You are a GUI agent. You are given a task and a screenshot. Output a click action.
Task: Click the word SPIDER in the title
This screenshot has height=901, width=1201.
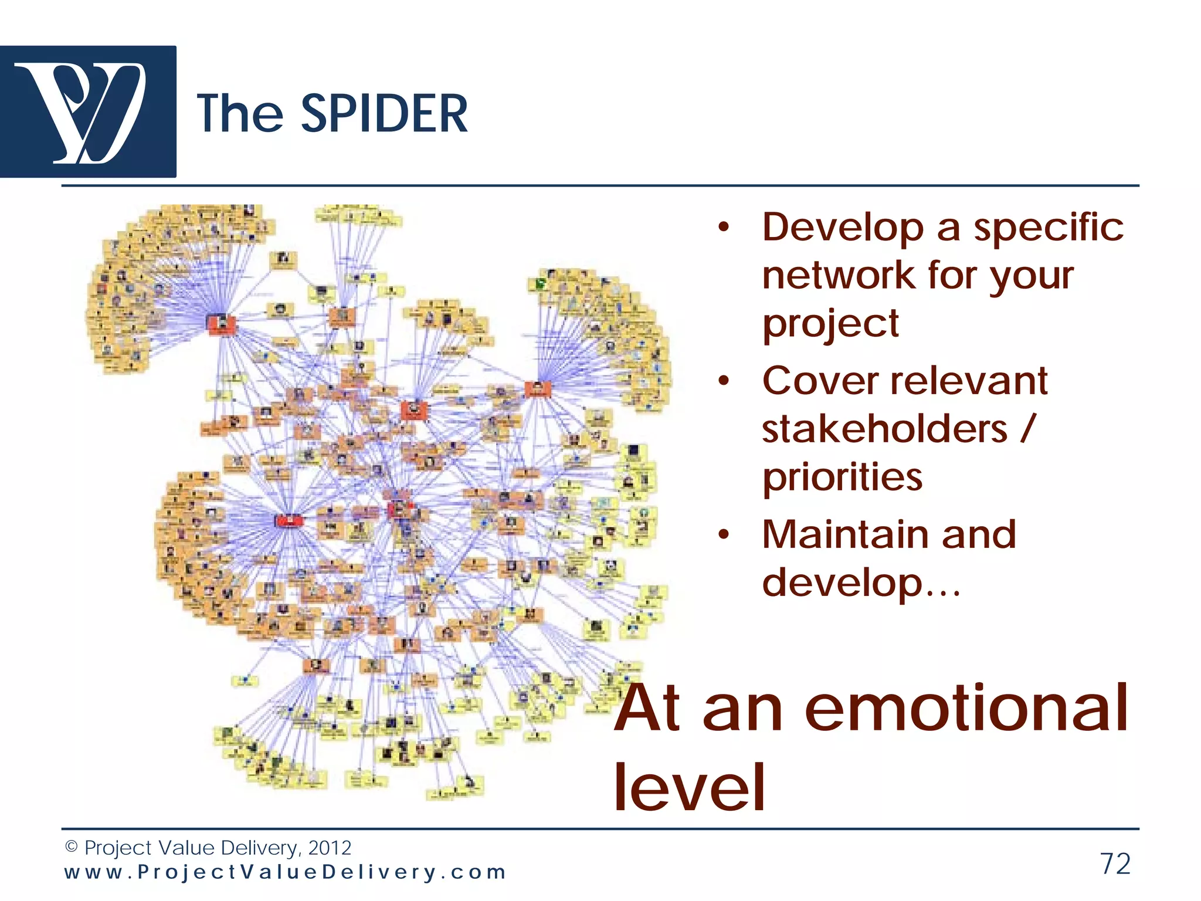tap(384, 114)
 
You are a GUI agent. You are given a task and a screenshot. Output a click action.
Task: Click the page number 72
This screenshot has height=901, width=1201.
tap(1115, 863)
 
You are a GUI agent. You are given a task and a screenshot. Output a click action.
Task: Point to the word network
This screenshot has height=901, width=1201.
tap(839, 276)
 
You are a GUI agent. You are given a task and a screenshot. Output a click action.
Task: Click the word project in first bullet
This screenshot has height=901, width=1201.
tap(830, 324)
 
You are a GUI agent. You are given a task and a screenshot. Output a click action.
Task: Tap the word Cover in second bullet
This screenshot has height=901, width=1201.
tap(819, 381)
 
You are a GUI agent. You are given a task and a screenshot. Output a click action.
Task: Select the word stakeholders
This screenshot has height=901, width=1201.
tap(884, 429)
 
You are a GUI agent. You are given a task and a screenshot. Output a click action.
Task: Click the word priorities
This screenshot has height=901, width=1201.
tap(842, 477)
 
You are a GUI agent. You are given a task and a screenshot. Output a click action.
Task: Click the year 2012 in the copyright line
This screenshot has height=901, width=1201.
tap(330, 848)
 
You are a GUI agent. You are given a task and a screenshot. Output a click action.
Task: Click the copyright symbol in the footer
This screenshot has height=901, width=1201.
tap(71, 847)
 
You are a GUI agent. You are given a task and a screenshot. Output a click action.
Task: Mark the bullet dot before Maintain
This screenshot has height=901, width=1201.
tap(724, 535)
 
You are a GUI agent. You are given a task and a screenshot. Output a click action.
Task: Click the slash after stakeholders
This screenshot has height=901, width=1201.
tap(1028, 429)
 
